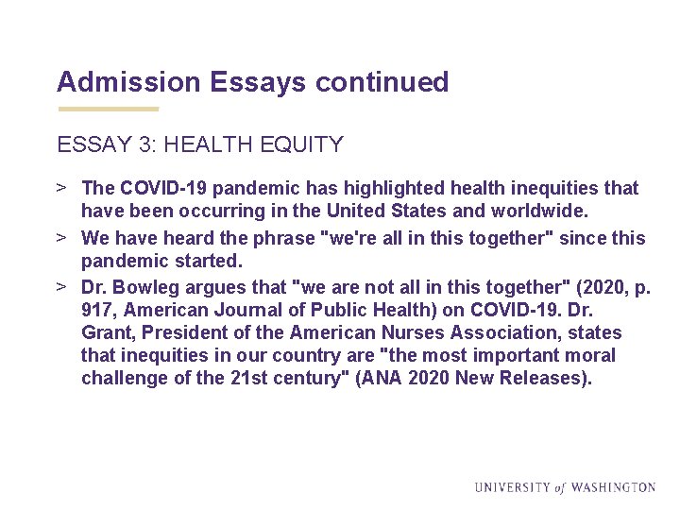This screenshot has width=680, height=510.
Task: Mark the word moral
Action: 588,356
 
